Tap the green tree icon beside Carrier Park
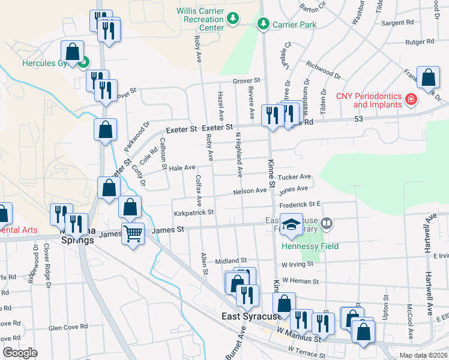pyautogui.click(x=262, y=25)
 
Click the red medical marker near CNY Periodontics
pyautogui.click(x=411, y=98)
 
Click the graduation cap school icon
pyautogui.click(x=291, y=225)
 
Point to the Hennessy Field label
pyautogui.click(x=310, y=246)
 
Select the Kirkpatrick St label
pyautogui.click(x=194, y=212)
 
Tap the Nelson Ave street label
pyautogui.click(x=250, y=191)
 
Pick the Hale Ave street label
pyautogui.click(x=182, y=168)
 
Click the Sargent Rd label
pyautogui.click(x=402, y=22)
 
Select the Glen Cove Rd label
pyautogui.click(x=68, y=327)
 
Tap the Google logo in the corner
pyautogui.click(x=20, y=353)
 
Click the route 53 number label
pyautogui.click(x=360, y=120)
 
